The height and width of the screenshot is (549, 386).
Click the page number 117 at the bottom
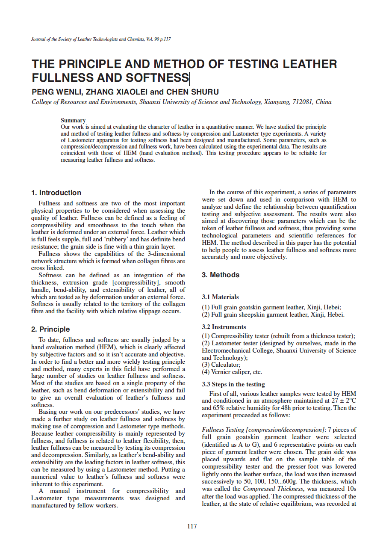point(192,526)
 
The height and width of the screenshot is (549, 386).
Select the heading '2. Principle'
point(50,329)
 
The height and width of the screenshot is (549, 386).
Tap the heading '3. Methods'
point(220,275)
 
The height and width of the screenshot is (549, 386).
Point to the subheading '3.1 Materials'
point(220,297)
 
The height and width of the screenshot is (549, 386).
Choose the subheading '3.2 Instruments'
point(224,327)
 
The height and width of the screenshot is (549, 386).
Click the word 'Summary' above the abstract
point(73,121)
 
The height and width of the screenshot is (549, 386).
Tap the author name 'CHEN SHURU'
point(192,92)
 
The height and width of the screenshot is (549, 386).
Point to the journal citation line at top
point(101,39)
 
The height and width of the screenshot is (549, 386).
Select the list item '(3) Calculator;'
point(221,365)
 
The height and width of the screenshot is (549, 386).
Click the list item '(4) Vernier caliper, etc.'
point(232,372)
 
